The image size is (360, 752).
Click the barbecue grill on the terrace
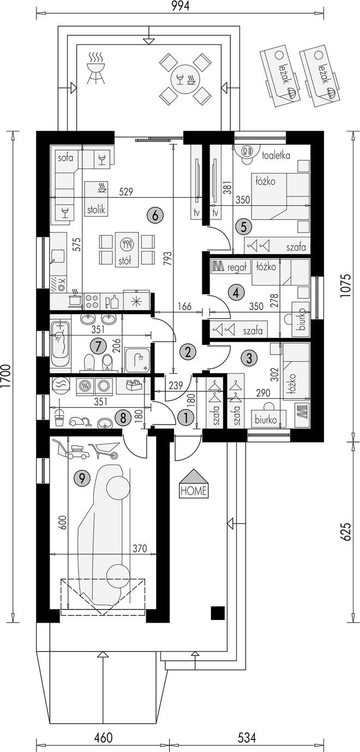[x=95, y=68]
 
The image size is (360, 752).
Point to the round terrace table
[x=185, y=80]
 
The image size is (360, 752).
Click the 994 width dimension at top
[x=179, y=6]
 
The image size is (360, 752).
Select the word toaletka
[x=276, y=156]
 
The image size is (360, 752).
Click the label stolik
[x=96, y=210]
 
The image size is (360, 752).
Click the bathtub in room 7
[x=61, y=343]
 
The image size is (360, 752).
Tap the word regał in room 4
[x=237, y=267]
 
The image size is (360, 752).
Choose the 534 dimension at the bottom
[x=247, y=738]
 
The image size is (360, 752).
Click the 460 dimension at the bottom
[x=103, y=738]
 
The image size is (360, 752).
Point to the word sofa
[x=65, y=158]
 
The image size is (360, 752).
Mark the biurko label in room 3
[x=266, y=420]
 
